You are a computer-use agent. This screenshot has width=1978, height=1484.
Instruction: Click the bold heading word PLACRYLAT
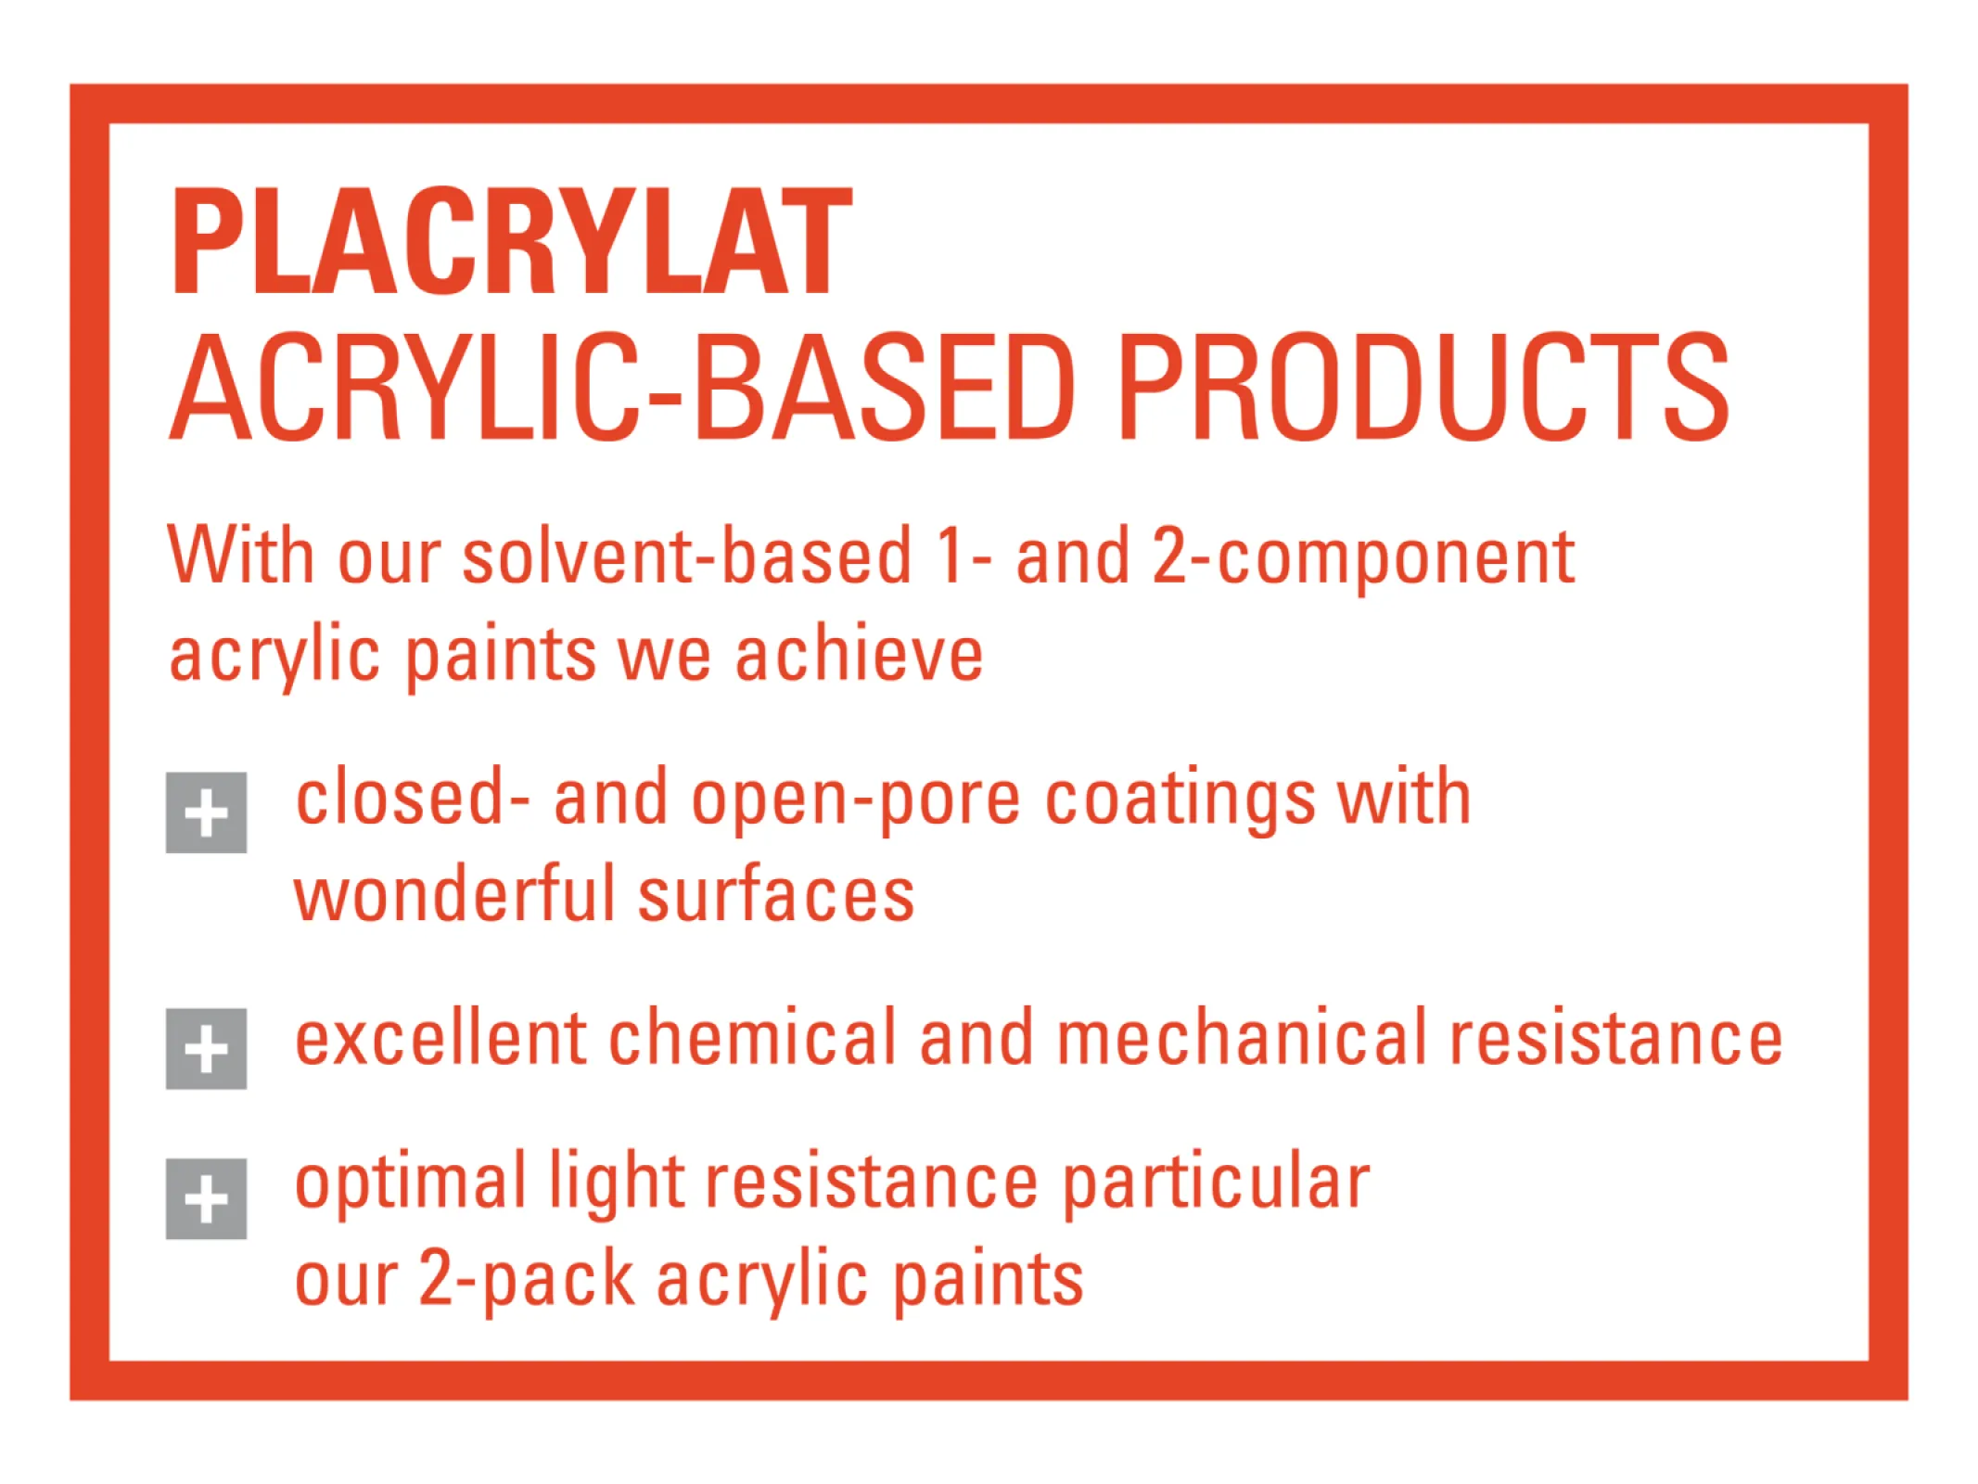click(x=511, y=241)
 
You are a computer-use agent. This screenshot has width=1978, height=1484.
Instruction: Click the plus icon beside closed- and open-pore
click(x=206, y=812)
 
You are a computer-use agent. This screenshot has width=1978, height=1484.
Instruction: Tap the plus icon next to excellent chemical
click(x=206, y=1048)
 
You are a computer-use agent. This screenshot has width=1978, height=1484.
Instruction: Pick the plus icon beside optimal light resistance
click(x=206, y=1198)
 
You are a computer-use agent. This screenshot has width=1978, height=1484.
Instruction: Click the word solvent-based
click(x=687, y=556)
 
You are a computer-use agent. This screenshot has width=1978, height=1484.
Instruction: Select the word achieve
click(x=859, y=653)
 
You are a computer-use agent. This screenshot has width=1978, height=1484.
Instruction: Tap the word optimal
click(x=411, y=1185)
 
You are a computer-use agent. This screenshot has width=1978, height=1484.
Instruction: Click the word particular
click(x=1216, y=1185)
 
